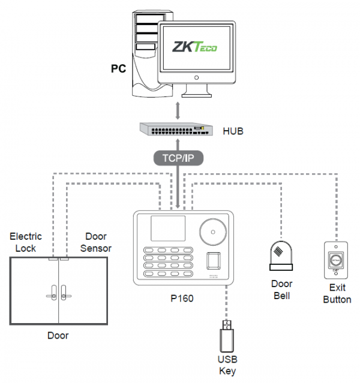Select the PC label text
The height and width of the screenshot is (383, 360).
pyautogui.click(x=118, y=69)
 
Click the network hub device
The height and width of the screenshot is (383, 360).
pyautogui.click(x=176, y=129)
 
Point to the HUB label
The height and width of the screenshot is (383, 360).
pyautogui.click(x=234, y=130)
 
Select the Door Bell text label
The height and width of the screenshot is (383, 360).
pyautogui.click(x=281, y=289)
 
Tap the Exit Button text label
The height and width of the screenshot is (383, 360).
pyautogui.click(x=337, y=294)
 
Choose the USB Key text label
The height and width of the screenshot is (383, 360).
pyautogui.click(x=228, y=364)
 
